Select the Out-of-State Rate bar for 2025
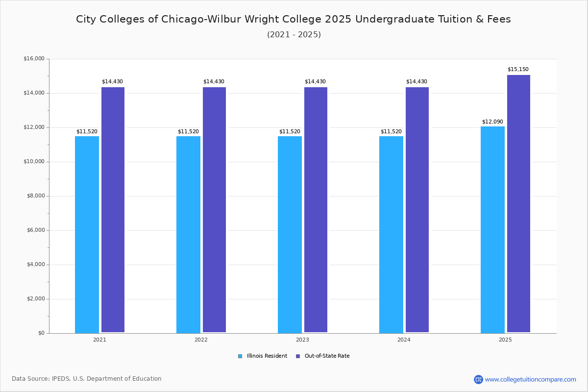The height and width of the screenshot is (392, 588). click(x=518, y=203)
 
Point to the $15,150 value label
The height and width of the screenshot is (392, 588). click(x=518, y=69)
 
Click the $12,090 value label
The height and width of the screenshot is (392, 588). click(x=492, y=122)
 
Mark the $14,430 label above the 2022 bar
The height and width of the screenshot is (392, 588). click(x=214, y=81)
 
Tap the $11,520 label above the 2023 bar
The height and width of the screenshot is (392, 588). click(x=290, y=131)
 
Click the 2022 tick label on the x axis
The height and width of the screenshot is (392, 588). click(x=201, y=340)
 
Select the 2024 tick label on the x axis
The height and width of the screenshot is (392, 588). click(x=404, y=340)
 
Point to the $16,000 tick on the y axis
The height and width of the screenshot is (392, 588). click(x=34, y=59)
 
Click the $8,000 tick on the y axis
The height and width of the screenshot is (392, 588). click(x=35, y=196)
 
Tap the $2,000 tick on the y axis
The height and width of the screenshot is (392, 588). click(x=35, y=299)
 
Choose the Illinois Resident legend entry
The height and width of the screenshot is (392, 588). click(x=263, y=356)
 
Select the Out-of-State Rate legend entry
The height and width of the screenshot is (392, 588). click(x=323, y=356)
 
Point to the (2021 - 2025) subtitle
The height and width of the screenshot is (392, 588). click(x=294, y=34)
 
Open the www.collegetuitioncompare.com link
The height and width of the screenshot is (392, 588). click(x=530, y=379)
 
